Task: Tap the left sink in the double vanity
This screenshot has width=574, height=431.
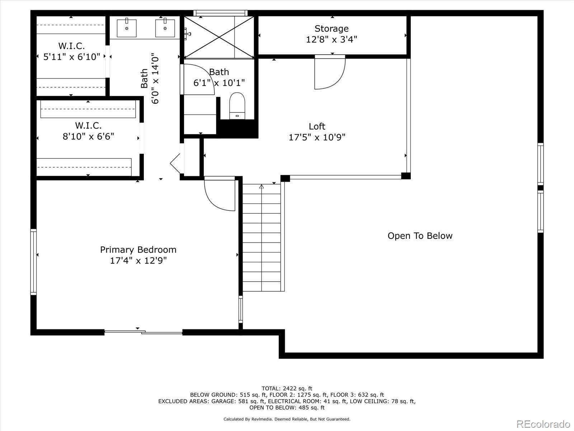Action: pos(127,28)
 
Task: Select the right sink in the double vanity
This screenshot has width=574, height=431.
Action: pos(165,28)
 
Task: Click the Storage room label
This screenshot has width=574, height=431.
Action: pos(331,28)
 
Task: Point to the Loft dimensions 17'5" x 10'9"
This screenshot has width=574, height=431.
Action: pos(317,137)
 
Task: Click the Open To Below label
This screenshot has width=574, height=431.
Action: pos(420,236)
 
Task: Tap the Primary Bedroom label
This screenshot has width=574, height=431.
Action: pos(138,250)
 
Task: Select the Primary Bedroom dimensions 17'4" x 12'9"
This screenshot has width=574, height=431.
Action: pos(138,260)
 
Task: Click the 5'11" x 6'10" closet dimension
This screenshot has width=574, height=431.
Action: pos(71,57)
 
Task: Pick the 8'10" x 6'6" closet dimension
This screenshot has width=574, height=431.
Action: pos(88,136)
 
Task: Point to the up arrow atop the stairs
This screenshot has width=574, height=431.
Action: pos(262,186)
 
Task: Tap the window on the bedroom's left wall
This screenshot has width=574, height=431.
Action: pos(33,262)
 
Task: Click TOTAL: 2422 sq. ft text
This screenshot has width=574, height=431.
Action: pos(287,388)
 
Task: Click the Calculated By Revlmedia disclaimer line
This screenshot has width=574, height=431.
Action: pos(287,419)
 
